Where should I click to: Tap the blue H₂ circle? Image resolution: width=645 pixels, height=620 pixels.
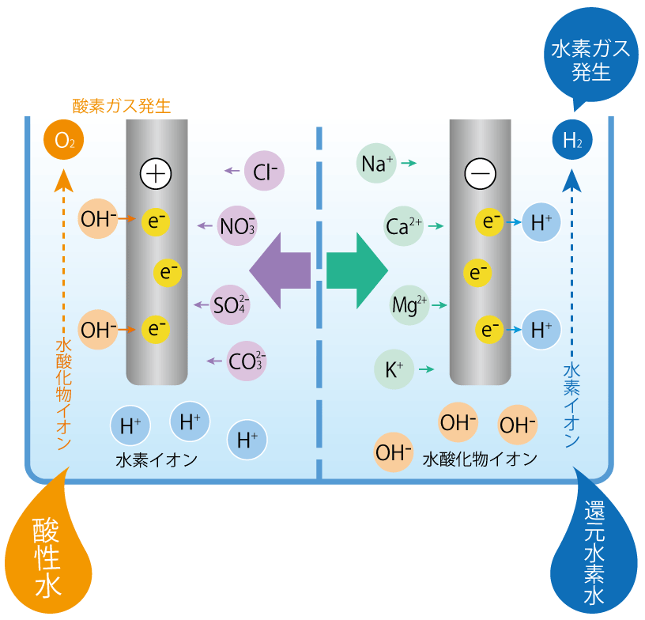point(571,142)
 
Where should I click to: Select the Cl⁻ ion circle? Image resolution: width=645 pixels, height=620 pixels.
point(263,170)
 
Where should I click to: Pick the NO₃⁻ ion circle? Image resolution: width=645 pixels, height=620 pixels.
point(237,226)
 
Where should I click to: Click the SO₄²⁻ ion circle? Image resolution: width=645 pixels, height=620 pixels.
point(231,304)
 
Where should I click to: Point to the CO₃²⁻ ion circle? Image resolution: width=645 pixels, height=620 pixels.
point(246,361)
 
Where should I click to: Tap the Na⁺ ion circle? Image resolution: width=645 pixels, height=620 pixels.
point(377,163)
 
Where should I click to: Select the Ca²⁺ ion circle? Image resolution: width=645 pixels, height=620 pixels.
point(403,226)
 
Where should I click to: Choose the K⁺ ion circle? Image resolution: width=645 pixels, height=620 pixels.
point(394,369)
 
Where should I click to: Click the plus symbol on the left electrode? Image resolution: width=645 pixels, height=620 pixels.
point(156,173)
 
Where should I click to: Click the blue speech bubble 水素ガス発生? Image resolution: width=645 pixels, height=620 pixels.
point(590,61)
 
